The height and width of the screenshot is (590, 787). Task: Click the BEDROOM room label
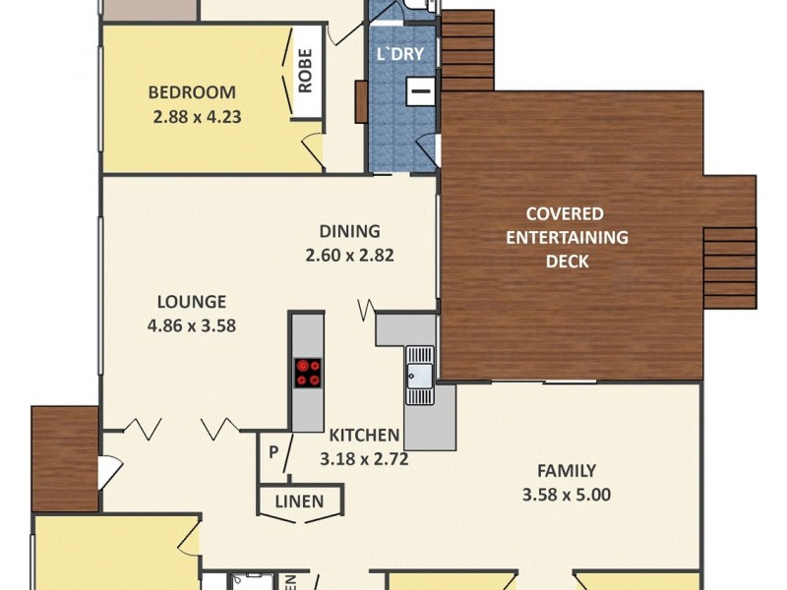[x=192, y=93]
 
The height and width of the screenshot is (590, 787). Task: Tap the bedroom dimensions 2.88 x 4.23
[x=197, y=115]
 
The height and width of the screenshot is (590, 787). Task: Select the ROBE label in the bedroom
[x=305, y=72]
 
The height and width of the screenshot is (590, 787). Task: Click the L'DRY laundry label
[x=400, y=55]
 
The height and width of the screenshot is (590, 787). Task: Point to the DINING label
[x=349, y=232]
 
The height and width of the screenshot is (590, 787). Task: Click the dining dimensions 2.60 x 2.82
[x=356, y=255]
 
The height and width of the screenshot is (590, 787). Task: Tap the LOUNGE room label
[x=191, y=302]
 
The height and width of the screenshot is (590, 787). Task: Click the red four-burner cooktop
[x=308, y=372]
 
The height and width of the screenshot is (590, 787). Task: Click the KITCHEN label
[x=364, y=435]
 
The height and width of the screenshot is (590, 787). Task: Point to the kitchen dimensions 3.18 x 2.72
[x=364, y=457]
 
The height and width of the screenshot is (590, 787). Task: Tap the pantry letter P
[x=273, y=453]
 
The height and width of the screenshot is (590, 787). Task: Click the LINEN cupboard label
[x=299, y=501]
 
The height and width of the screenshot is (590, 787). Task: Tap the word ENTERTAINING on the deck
[x=576, y=237]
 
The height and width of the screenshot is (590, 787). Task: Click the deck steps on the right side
[x=731, y=267]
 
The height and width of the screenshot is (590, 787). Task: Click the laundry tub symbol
[x=420, y=91]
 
